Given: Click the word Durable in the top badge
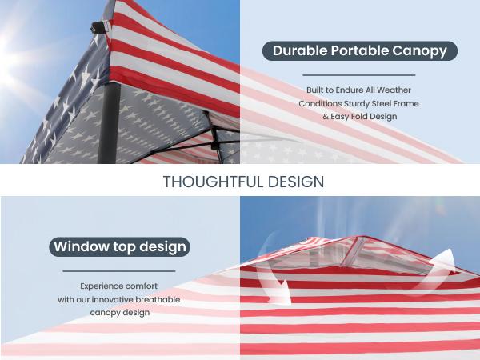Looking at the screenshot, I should (x=299, y=51).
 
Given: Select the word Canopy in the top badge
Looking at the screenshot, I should (x=421, y=51).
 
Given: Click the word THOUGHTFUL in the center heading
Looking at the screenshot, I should (x=210, y=182).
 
